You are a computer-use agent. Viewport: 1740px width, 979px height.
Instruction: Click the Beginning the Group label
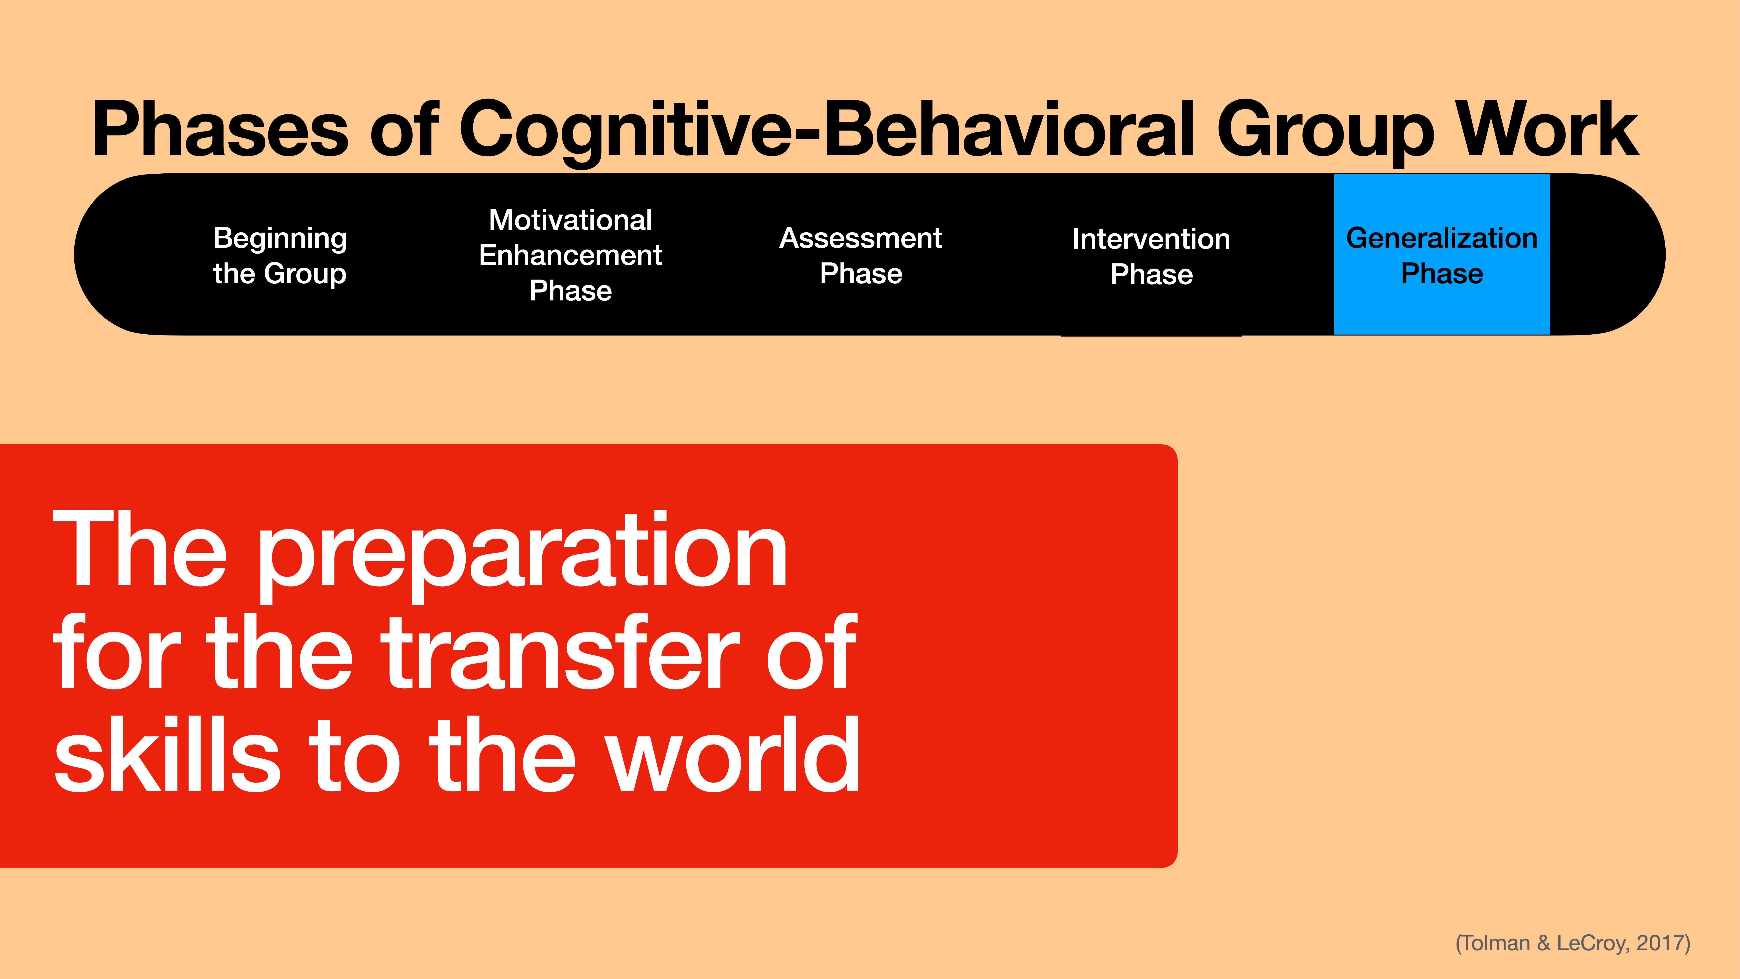[280, 255]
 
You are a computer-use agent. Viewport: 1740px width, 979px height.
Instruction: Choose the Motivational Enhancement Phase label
[570, 255]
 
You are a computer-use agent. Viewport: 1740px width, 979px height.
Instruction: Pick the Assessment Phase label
[861, 255]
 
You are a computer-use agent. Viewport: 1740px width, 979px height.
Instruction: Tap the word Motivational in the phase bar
[570, 220]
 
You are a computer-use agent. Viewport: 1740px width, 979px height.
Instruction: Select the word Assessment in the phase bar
[861, 238]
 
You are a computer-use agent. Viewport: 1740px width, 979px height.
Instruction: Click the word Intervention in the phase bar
[1151, 238]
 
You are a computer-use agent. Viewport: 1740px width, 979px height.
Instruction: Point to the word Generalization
[1441, 238]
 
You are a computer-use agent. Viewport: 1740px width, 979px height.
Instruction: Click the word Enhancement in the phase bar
[570, 255]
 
